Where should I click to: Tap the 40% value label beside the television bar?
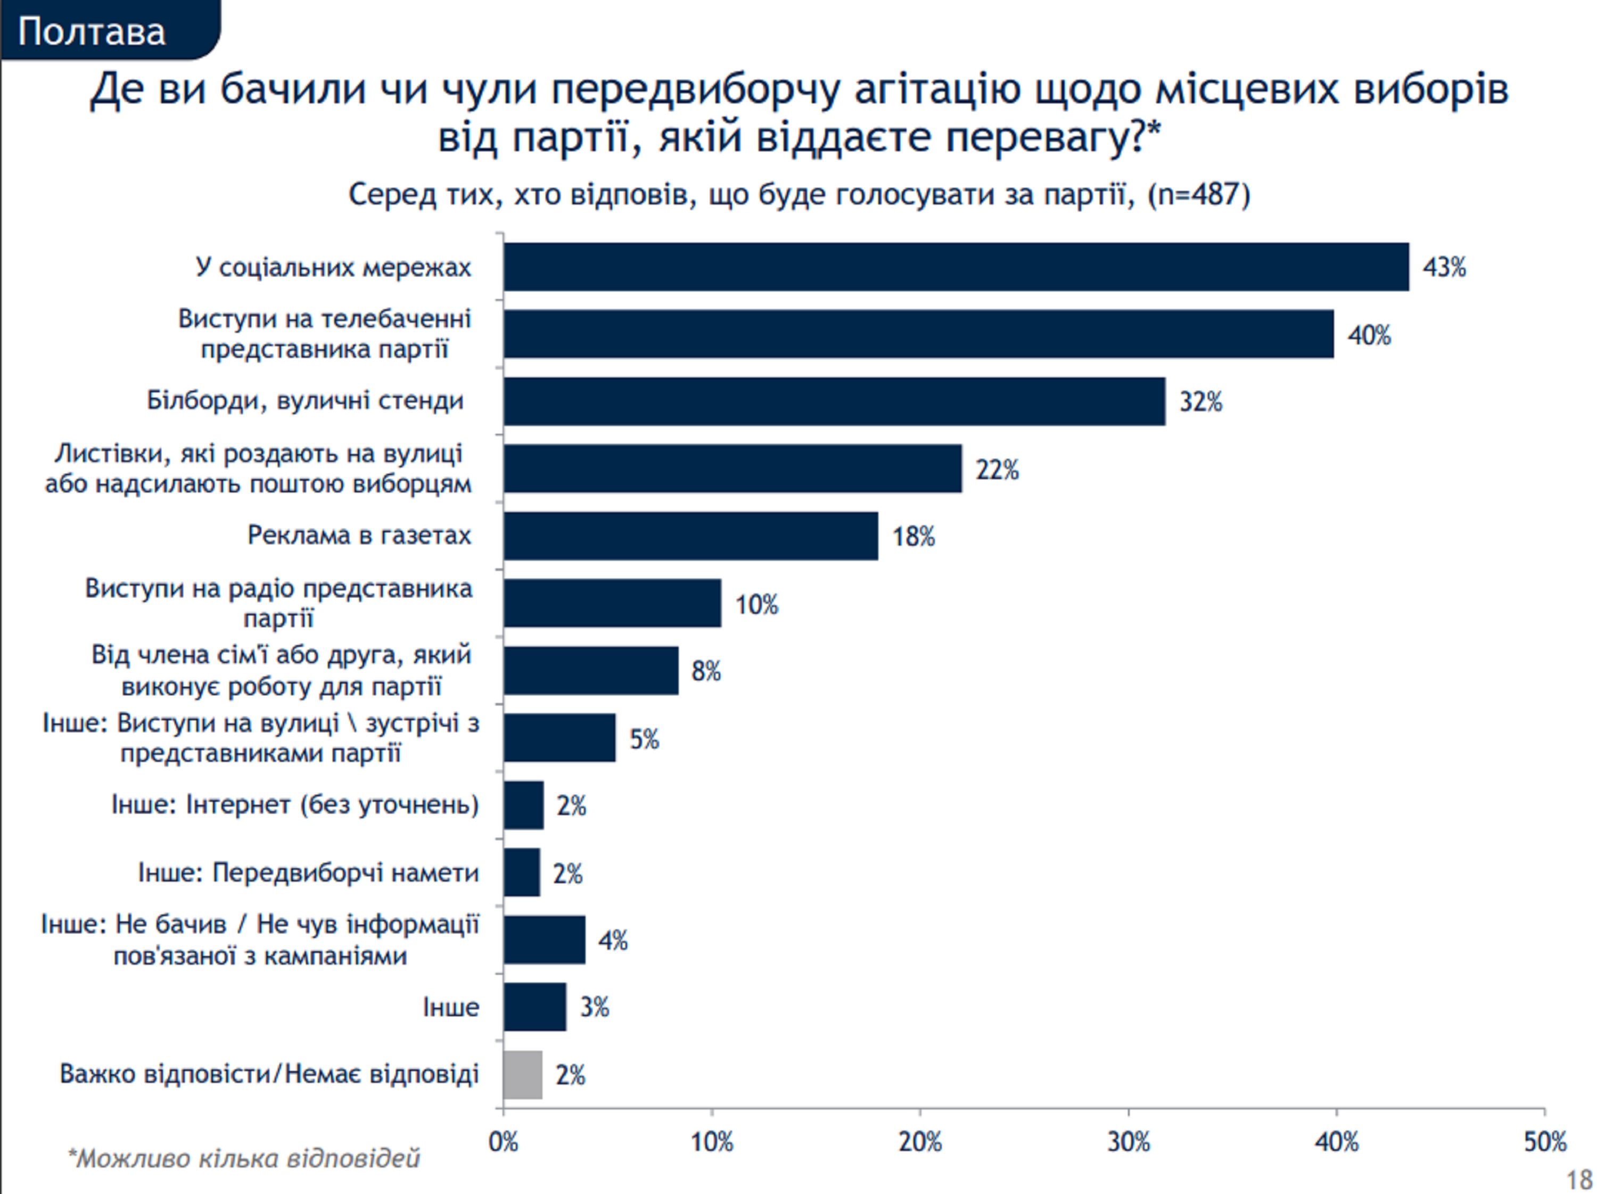pos(1369,335)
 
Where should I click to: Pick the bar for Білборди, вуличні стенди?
pos(834,401)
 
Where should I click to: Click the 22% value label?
pos(997,469)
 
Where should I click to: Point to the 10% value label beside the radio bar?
pos(756,604)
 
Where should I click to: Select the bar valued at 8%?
pos(590,671)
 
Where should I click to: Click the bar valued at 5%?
pos(559,738)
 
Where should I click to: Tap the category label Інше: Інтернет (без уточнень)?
pos(294,804)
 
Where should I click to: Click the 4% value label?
pos(613,940)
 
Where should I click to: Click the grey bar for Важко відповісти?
pos(523,1074)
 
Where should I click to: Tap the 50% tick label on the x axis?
pos(1545,1142)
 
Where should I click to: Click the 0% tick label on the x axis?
pos(503,1142)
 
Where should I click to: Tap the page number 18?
pos(1579,1180)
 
